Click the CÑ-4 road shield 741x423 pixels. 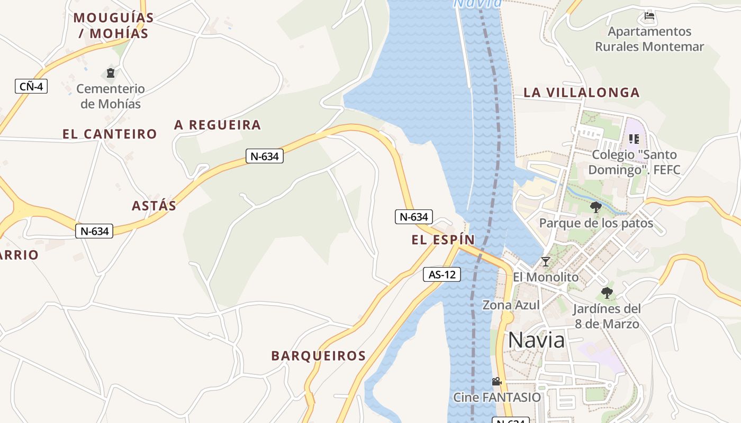tap(31, 86)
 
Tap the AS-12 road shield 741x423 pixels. tap(442, 274)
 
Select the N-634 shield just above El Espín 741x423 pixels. tap(414, 217)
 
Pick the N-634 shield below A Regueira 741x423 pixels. tap(265, 156)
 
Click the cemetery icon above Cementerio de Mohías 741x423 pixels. tap(111, 73)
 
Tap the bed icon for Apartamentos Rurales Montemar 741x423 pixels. tap(649, 16)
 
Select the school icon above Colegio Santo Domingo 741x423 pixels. tap(634, 139)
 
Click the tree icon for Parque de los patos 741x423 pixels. tap(596, 207)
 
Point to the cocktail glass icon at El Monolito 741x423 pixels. tap(546, 261)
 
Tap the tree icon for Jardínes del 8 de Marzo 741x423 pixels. tap(607, 292)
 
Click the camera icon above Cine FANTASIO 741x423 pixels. tap(496, 381)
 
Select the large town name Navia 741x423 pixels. tap(537, 341)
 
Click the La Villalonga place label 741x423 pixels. tap(582, 93)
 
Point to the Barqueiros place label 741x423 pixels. tap(319, 356)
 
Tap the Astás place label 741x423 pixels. tap(154, 206)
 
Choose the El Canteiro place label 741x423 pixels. tap(110, 134)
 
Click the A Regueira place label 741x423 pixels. tap(218, 125)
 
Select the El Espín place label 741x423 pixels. tap(444, 240)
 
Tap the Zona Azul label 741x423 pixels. tap(511, 305)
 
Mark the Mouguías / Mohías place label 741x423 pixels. tap(113, 25)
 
